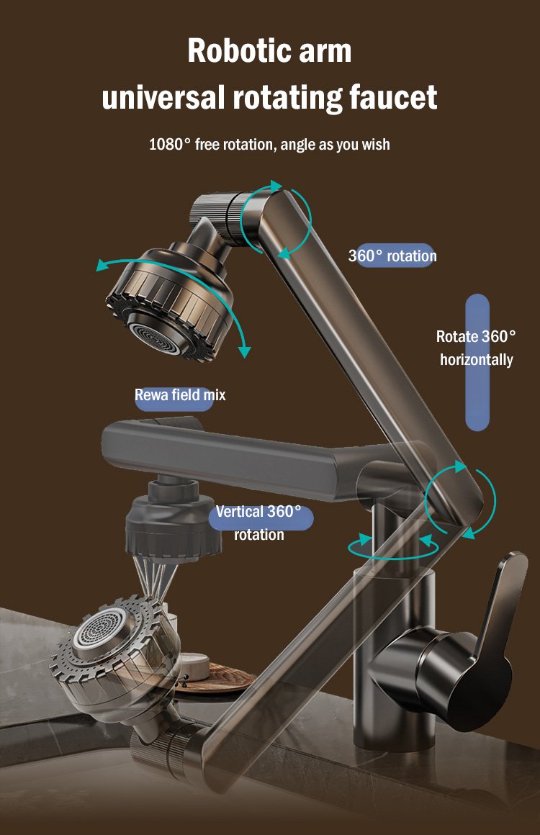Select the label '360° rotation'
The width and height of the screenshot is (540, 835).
pos(392,256)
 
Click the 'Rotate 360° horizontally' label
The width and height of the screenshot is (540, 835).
pos(477,348)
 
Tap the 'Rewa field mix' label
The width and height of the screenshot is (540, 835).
pos(180,395)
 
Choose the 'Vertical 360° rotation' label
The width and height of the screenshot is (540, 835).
pos(258,523)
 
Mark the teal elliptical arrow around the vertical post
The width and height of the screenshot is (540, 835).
pos(392,548)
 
